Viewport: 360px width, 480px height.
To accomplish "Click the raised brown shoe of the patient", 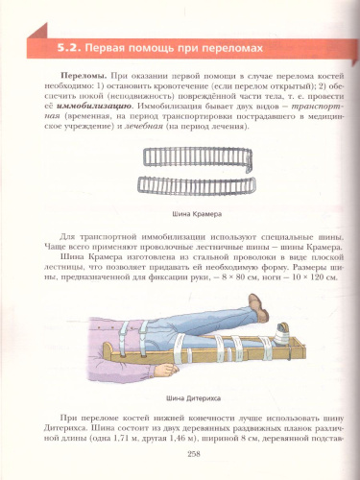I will point(256,308).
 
